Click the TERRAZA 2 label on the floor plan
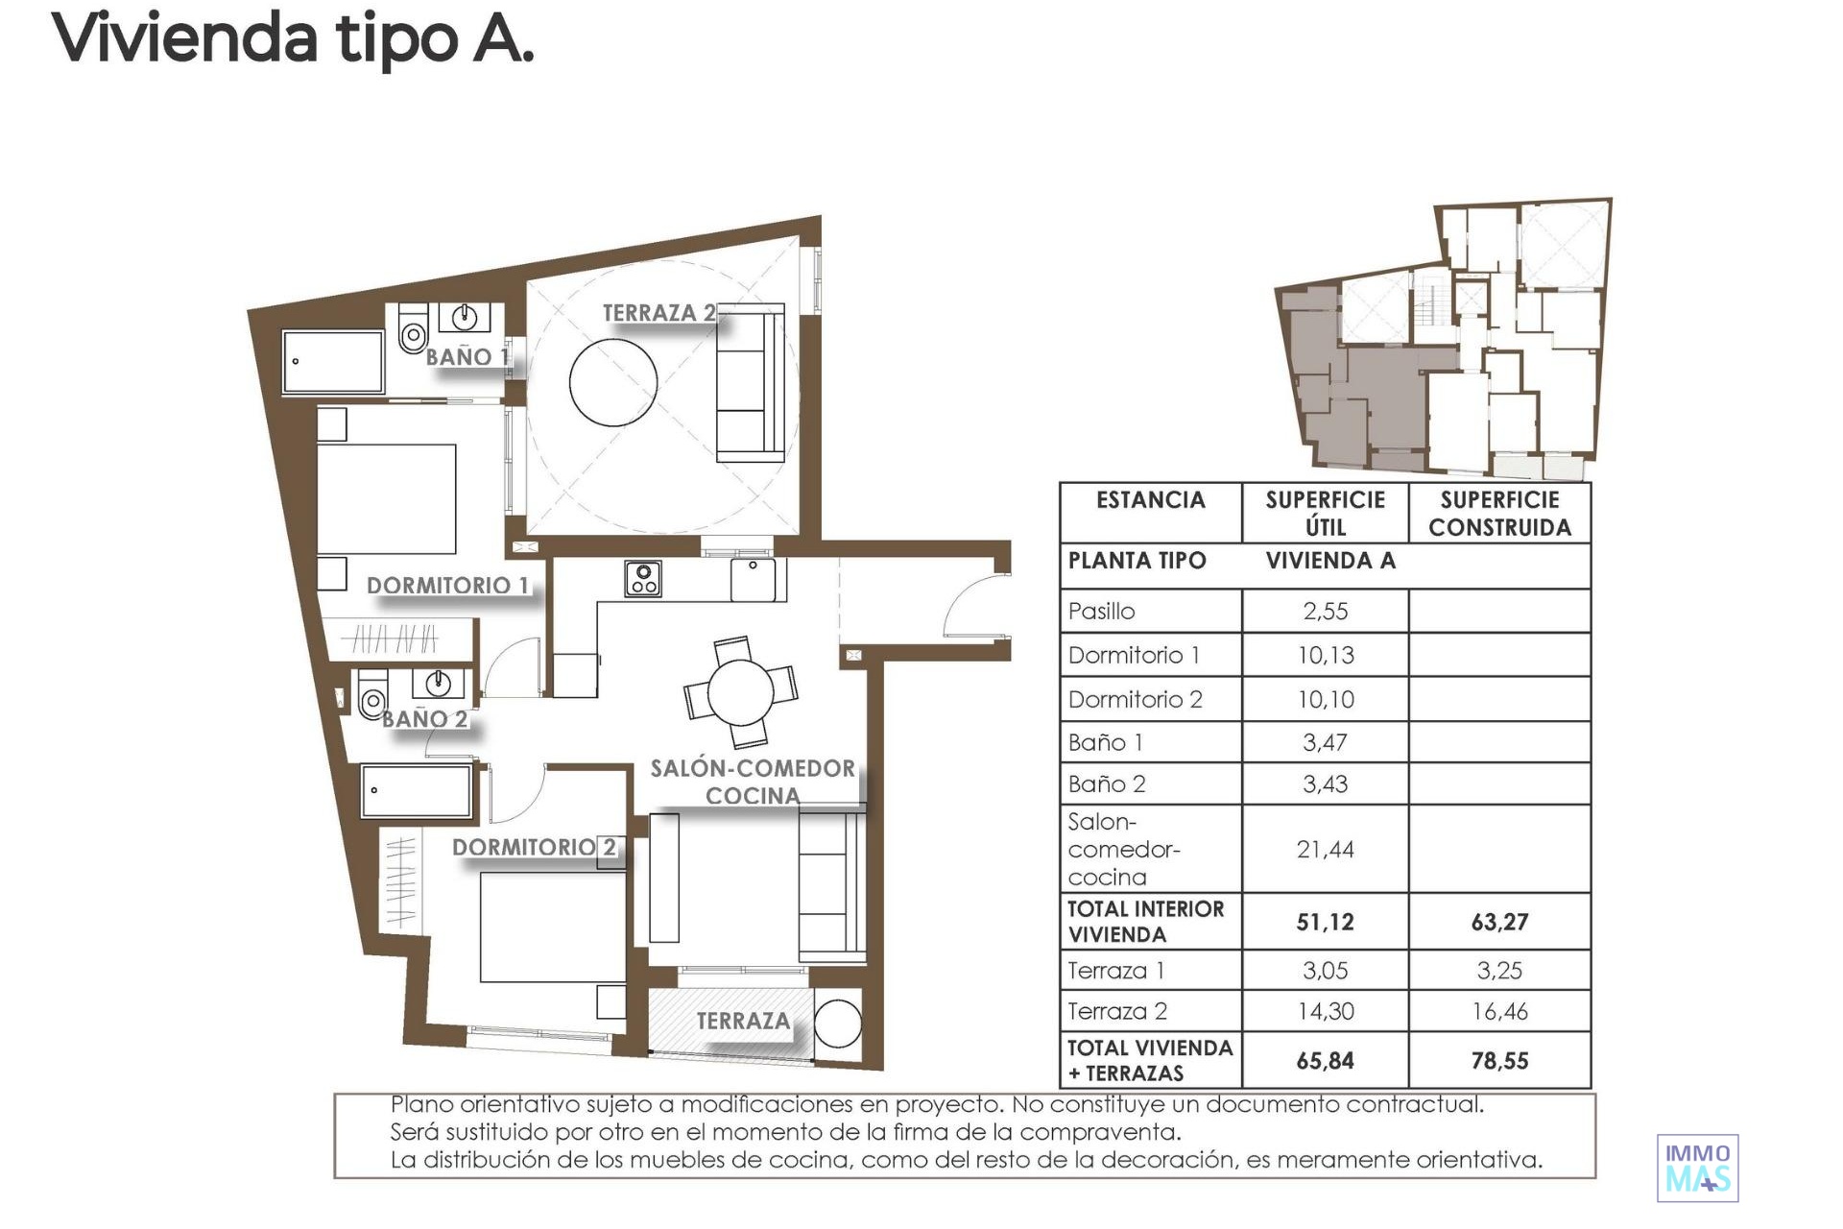point(658,313)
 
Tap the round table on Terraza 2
point(613,381)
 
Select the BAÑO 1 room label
point(467,357)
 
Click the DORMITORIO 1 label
point(447,586)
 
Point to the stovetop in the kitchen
point(642,579)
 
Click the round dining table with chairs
point(740,692)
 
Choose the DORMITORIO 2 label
point(534,848)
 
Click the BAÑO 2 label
point(424,719)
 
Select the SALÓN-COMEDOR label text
point(753,769)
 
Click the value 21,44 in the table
point(1325,850)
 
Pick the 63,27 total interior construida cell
point(1499,923)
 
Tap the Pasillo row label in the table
point(1101,612)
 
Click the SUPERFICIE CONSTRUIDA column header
point(1499,514)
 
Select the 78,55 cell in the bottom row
point(1499,1061)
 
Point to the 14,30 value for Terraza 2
point(1325,1011)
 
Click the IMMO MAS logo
point(1698,1169)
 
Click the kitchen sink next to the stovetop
point(754,580)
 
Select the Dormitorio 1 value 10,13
point(1326,656)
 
